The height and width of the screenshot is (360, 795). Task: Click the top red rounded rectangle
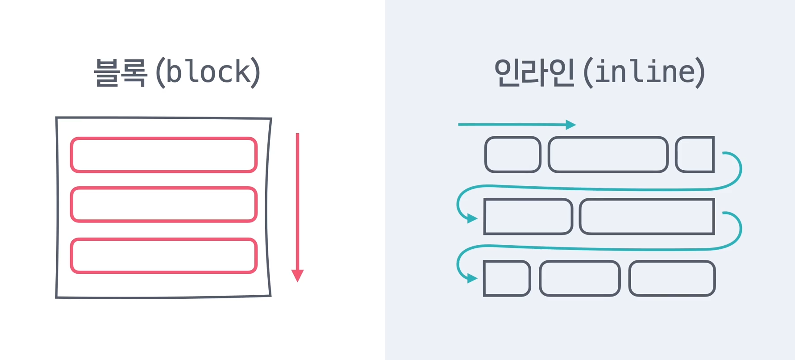pos(163,155)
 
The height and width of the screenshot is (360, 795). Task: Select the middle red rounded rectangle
pos(163,205)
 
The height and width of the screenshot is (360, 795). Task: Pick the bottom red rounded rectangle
pos(163,255)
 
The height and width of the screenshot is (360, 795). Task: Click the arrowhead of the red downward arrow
pos(297,275)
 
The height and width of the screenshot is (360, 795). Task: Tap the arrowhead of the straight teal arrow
pos(570,125)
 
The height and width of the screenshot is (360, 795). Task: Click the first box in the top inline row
pos(513,155)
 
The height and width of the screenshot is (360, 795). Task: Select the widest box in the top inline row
pos(608,155)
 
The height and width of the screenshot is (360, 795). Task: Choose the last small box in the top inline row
pos(695,155)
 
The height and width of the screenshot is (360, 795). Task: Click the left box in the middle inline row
pos(528,217)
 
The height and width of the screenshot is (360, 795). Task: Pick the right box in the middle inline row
pos(647,217)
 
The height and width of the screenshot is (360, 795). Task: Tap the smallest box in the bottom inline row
pos(507,278)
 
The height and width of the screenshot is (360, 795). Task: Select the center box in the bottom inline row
pos(580,278)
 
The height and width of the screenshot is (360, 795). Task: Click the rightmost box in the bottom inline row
pos(672,278)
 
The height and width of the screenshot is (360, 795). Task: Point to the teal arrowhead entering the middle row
pos(472,218)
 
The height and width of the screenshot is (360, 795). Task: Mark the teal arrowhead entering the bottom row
pos(472,279)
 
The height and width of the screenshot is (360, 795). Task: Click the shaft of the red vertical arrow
pos(297,201)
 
